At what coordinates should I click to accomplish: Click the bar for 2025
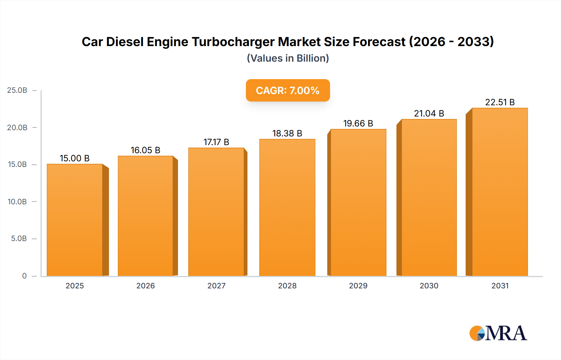click(75, 220)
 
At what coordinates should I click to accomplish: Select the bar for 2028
click(287, 207)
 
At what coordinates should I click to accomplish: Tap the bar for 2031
click(500, 192)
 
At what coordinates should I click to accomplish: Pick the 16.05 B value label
click(145, 150)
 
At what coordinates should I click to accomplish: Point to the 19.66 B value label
click(358, 123)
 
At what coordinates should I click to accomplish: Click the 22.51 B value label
click(500, 102)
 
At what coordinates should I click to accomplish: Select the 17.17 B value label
click(216, 142)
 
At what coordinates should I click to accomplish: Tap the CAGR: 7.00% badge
click(288, 90)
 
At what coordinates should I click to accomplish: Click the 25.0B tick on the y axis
click(17, 90)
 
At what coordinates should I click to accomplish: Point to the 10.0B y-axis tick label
click(17, 201)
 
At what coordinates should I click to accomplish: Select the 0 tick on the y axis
click(24, 276)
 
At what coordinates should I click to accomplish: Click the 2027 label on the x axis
click(216, 286)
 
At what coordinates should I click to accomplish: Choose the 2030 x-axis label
click(429, 286)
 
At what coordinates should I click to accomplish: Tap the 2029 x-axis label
click(358, 286)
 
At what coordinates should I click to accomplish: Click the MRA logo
click(498, 333)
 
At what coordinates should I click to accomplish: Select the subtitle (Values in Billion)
click(288, 58)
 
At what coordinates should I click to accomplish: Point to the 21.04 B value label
click(429, 113)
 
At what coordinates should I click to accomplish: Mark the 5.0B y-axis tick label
click(19, 239)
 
